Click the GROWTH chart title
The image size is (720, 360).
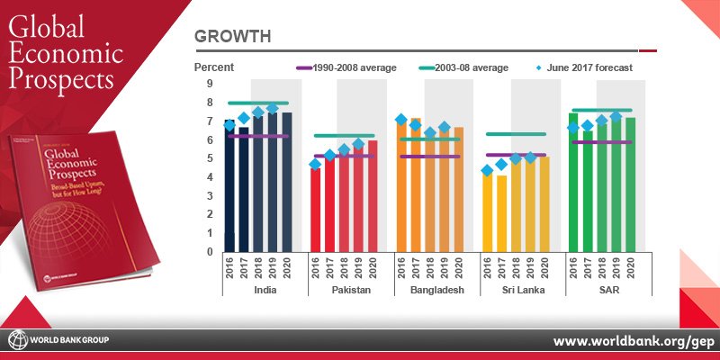tap(235, 37)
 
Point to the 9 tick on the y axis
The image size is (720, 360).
tap(209, 83)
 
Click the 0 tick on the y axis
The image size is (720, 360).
tap(209, 252)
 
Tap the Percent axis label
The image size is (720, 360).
tap(214, 67)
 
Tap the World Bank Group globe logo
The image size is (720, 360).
tap(16, 340)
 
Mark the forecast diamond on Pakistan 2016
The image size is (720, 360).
tap(315, 164)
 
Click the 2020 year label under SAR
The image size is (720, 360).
tap(632, 270)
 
